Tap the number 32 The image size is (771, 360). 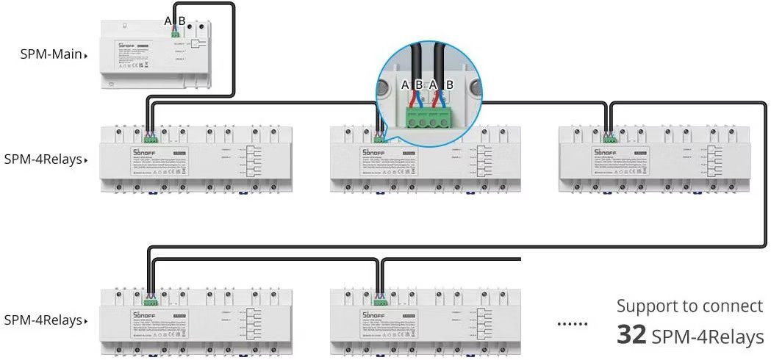(631, 336)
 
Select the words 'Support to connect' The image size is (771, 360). (689, 306)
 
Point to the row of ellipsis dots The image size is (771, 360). (573, 324)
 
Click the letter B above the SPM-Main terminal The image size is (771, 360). (182, 20)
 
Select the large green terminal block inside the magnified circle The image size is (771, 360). (427, 117)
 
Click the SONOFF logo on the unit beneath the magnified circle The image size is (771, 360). (370, 152)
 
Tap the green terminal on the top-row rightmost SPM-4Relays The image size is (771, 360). (609, 137)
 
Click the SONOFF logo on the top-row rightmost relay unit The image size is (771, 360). (602, 152)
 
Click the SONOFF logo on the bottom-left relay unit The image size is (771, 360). (140, 316)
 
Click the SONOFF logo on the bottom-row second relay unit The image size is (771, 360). (370, 316)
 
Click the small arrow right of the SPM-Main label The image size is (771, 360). (87, 56)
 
